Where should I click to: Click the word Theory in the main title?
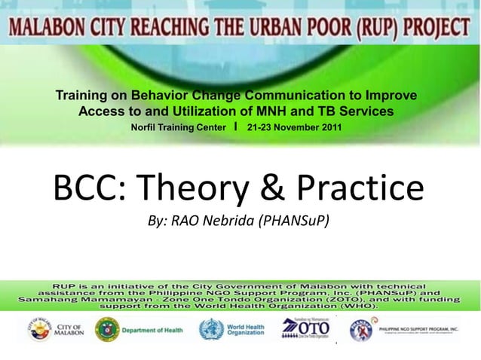click(185, 188)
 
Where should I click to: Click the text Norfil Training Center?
click(178, 127)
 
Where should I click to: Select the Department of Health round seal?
click(106, 330)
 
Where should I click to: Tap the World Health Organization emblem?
click(211, 330)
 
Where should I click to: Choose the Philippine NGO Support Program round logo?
click(363, 330)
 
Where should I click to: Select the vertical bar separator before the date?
click(237, 127)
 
